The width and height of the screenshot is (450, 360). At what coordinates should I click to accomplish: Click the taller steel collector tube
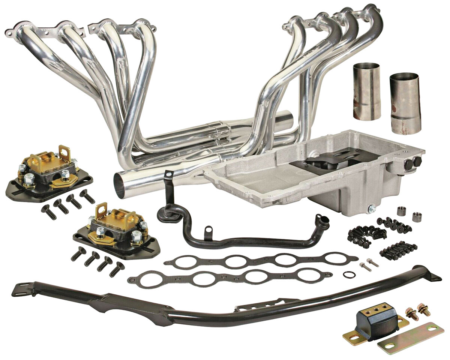[x=366, y=91]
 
